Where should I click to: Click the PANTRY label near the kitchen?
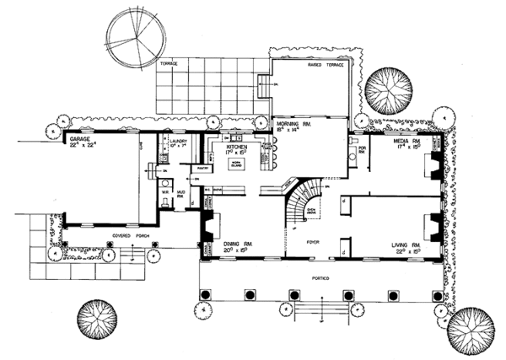[x=202, y=169]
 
